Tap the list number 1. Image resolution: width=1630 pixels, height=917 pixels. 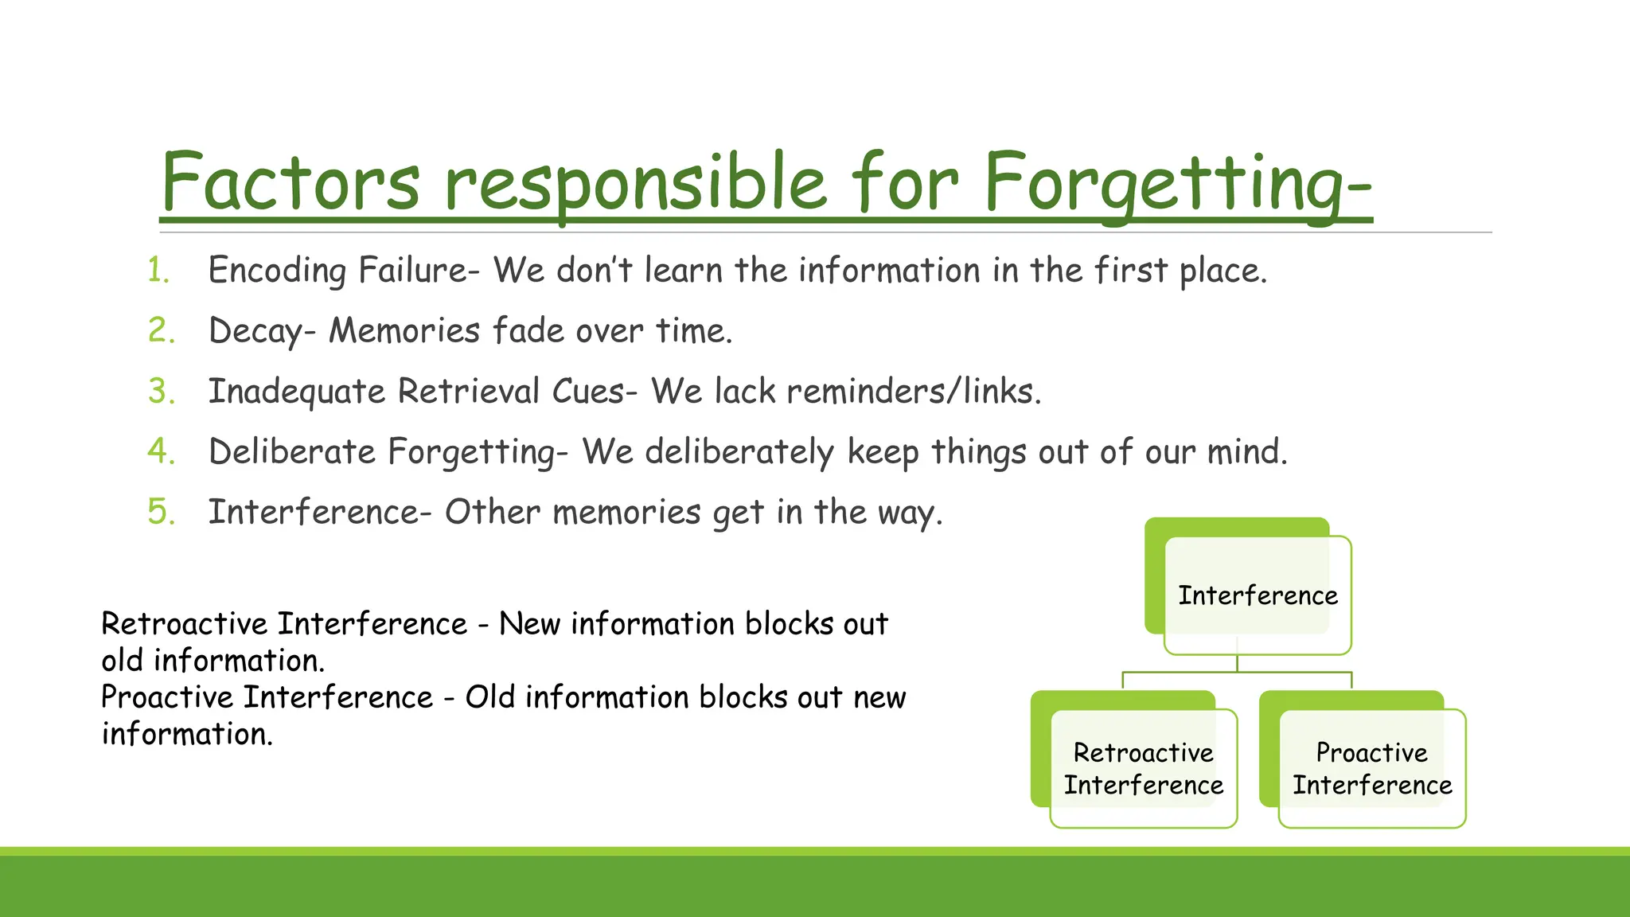(158, 271)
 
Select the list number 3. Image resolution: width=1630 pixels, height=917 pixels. (161, 392)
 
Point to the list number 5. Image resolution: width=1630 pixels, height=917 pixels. (161, 512)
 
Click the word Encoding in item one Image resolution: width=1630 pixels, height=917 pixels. (276, 271)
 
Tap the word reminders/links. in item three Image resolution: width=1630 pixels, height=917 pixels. (914, 392)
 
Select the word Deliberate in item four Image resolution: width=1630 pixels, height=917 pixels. (291, 452)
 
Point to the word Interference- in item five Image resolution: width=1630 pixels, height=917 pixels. (319, 512)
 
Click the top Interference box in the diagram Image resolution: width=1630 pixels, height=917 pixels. (1258, 595)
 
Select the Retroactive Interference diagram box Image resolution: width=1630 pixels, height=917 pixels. (1144, 768)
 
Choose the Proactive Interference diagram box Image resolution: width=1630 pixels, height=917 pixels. (1371, 768)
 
